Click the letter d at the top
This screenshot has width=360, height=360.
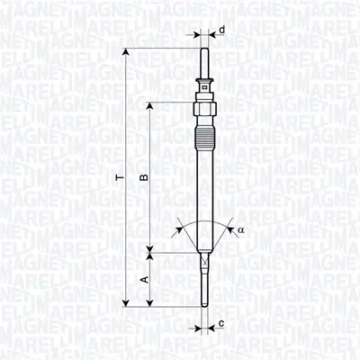click(x=221, y=29)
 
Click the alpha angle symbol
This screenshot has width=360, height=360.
click(x=241, y=229)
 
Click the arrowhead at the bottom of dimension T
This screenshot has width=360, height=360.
click(x=125, y=304)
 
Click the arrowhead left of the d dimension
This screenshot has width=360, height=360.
click(x=197, y=37)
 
